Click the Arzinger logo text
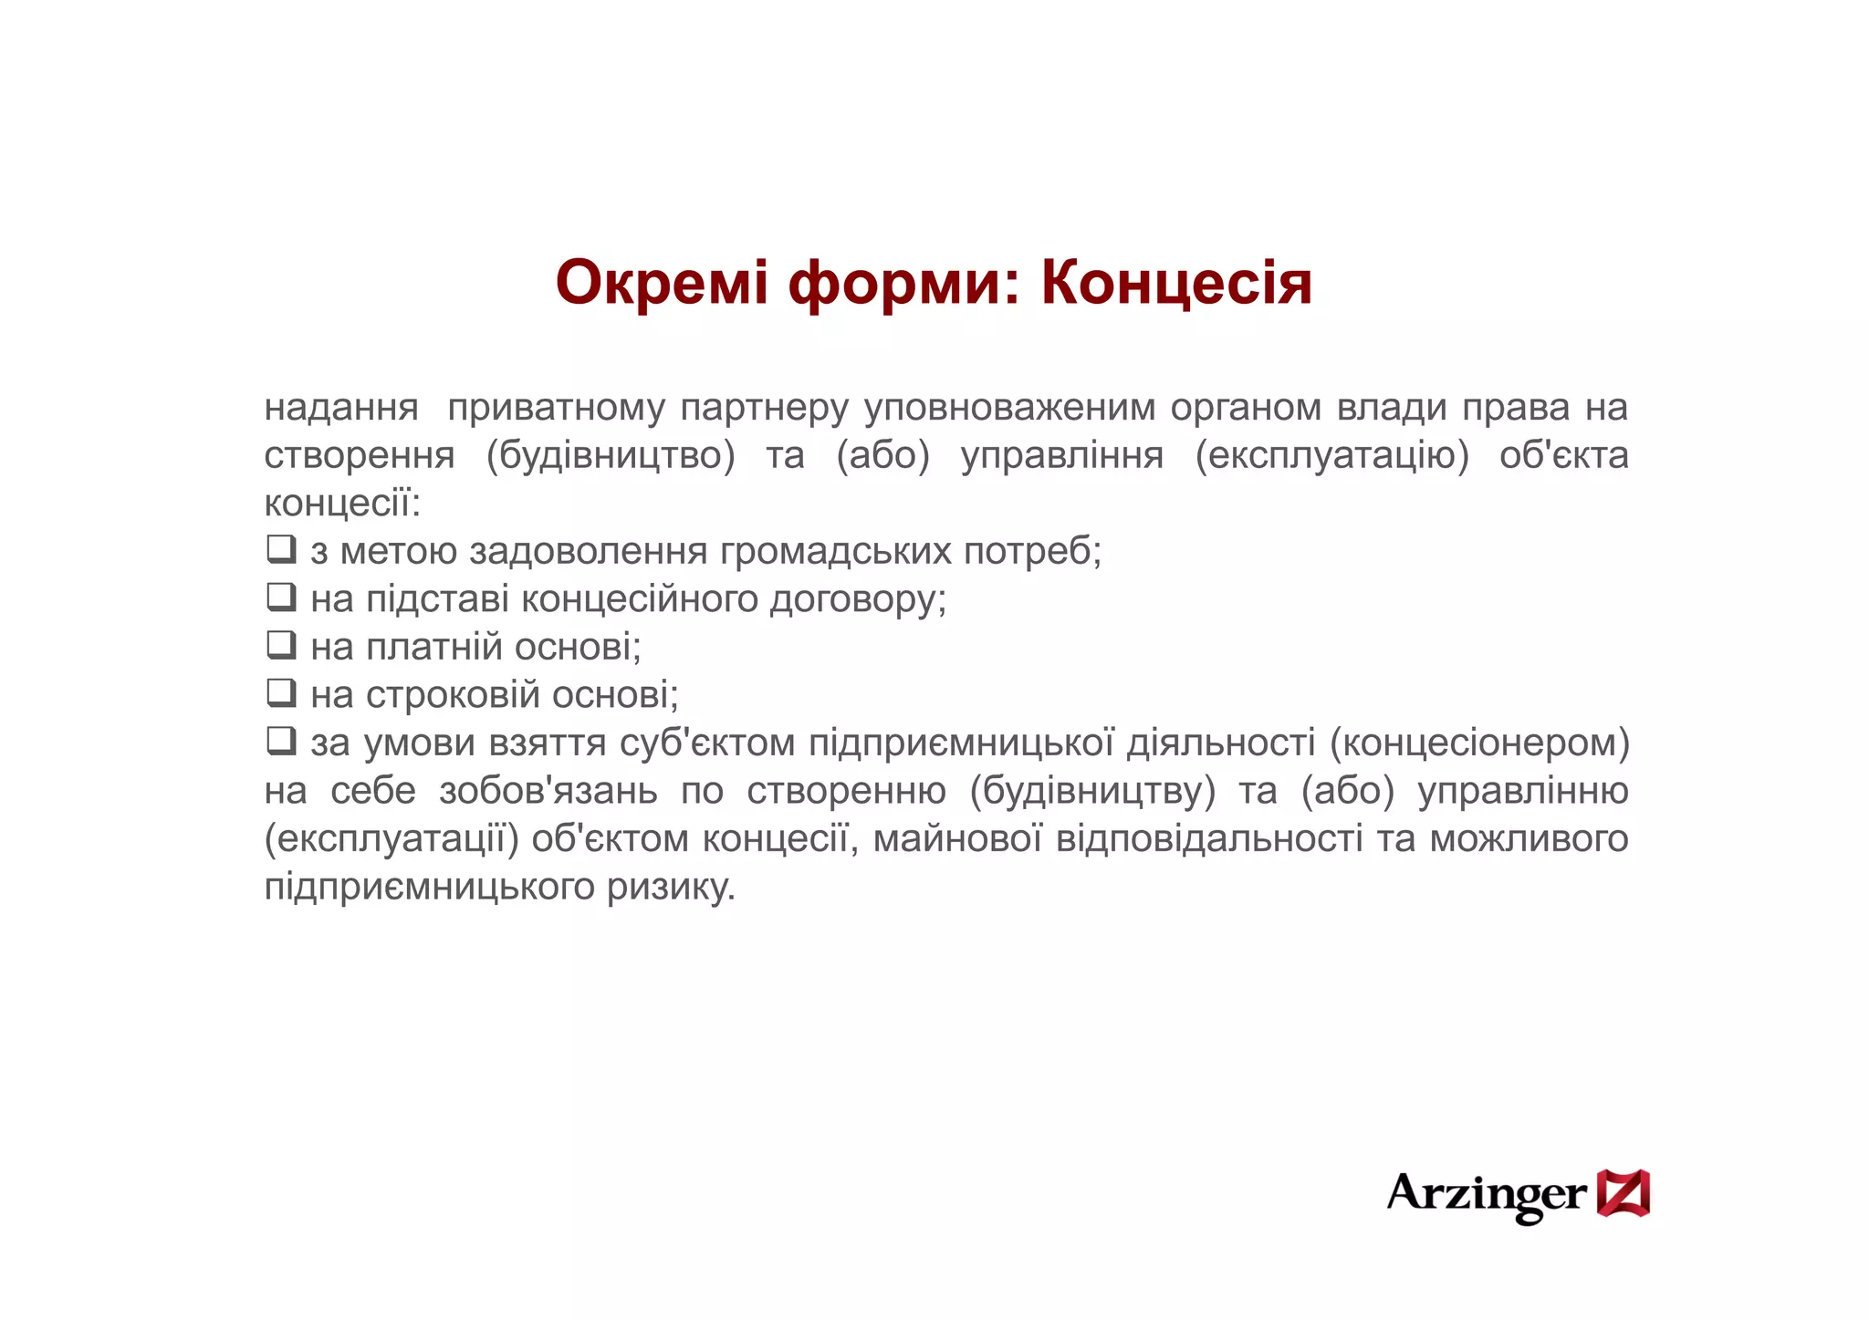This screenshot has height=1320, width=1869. click(1487, 1194)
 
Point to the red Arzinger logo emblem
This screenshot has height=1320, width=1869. click(1623, 1192)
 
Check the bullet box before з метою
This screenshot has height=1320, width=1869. click(281, 549)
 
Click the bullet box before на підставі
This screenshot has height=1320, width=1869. click(281, 598)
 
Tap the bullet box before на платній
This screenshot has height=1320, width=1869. click(281, 645)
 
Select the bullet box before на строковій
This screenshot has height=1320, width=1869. click(281, 693)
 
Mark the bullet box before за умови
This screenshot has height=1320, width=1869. click(281, 741)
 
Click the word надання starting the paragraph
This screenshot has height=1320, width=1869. click(341, 407)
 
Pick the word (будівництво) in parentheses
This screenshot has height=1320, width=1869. click(611, 455)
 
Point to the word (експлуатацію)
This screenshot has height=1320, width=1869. click(1332, 455)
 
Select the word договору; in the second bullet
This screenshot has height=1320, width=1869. click(858, 599)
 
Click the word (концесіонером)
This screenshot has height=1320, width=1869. click(1479, 743)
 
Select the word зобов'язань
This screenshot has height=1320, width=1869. click(548, 791)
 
